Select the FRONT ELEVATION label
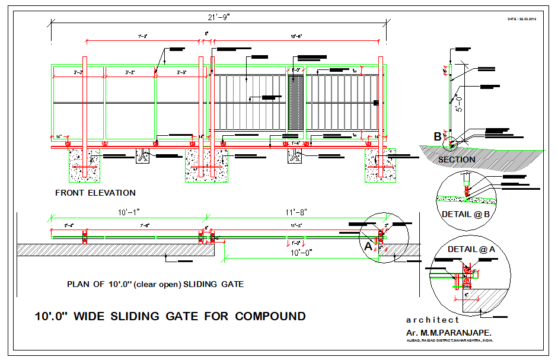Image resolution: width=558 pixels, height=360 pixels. point(95,193)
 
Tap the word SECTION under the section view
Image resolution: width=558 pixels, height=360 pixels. point(457,160)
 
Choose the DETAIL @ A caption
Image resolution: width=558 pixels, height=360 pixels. point(471,250)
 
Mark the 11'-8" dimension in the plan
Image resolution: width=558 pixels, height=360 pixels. point(296,212)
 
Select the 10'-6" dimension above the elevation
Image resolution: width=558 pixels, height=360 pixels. point(296,37)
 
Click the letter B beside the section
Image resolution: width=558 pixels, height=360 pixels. point(438,137)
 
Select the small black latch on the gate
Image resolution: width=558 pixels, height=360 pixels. point(376,103)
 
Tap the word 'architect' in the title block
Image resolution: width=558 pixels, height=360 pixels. point(433,320)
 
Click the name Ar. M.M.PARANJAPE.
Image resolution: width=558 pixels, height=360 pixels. point(449,333)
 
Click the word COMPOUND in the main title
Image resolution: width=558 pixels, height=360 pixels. point(270,316)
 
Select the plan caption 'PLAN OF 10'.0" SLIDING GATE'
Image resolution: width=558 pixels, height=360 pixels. point(155,284)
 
